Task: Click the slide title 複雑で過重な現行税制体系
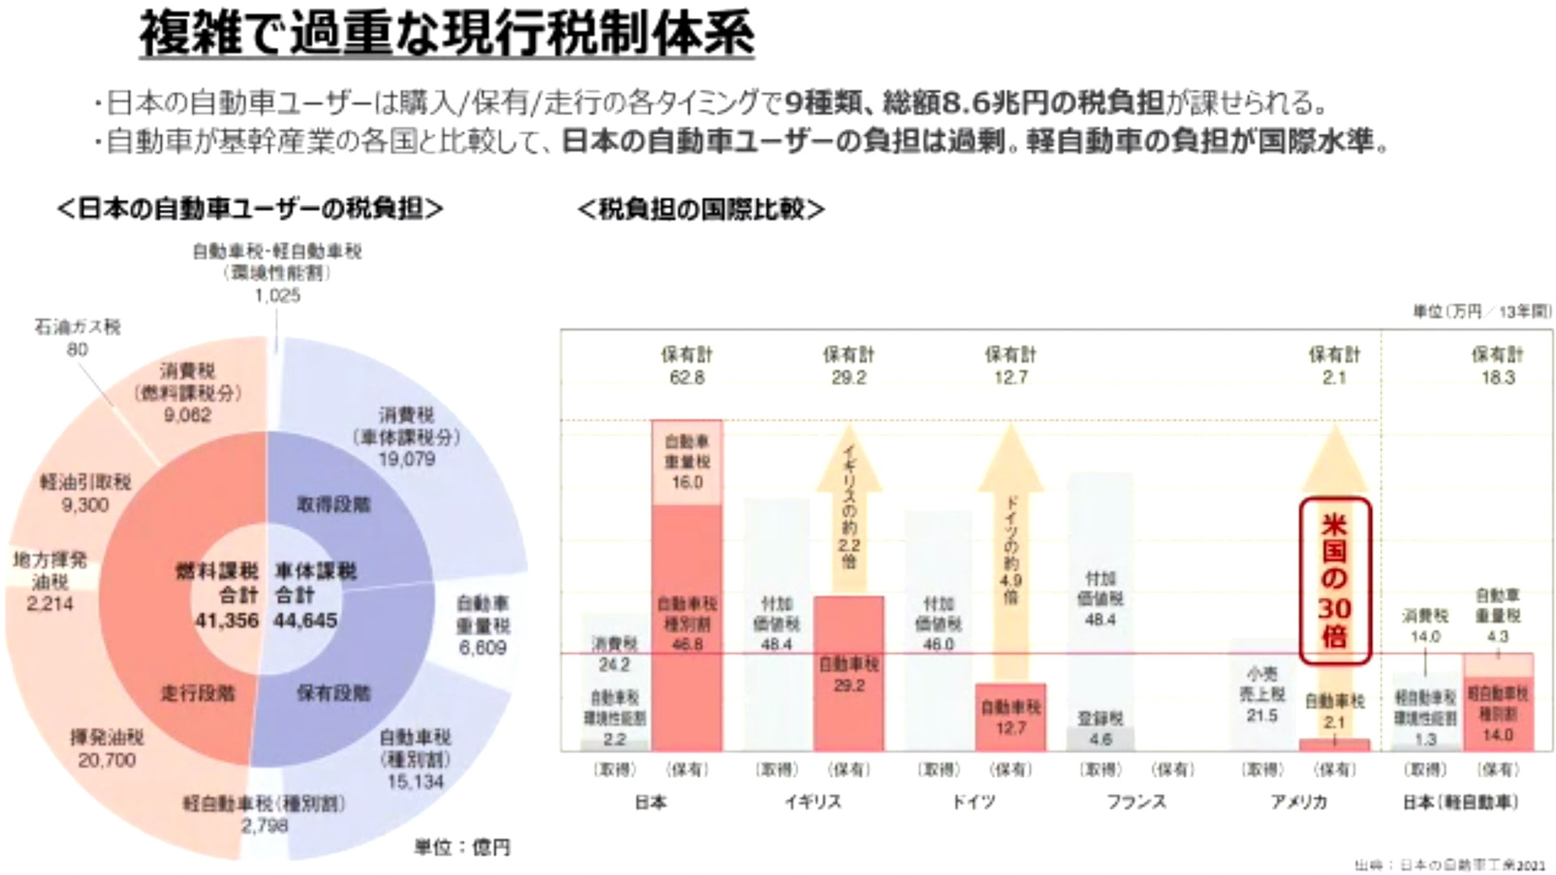tap(447, 34)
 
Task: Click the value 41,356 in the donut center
tap(227, 621)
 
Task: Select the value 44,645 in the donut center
tap(306, 621)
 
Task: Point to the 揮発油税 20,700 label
tap(107, 749)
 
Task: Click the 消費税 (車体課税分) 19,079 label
tap(407, 437)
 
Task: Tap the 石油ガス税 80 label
tap(77, 338)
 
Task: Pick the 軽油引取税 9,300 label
tap(85, 493)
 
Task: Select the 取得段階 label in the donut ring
tap(333, 505)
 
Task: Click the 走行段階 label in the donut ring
tap(198, 693)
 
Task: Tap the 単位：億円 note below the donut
tap(462, 847)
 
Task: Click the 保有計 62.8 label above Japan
tap(686, 365)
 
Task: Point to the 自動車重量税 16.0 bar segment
tap(687, 463)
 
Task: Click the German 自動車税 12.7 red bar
tap(1011, 717)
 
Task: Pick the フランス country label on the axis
tap(1136, 802)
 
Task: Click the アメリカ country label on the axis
tap(1298, 802)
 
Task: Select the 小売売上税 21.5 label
tap(1262, 694)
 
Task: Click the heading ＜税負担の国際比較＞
tap(700, 209)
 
